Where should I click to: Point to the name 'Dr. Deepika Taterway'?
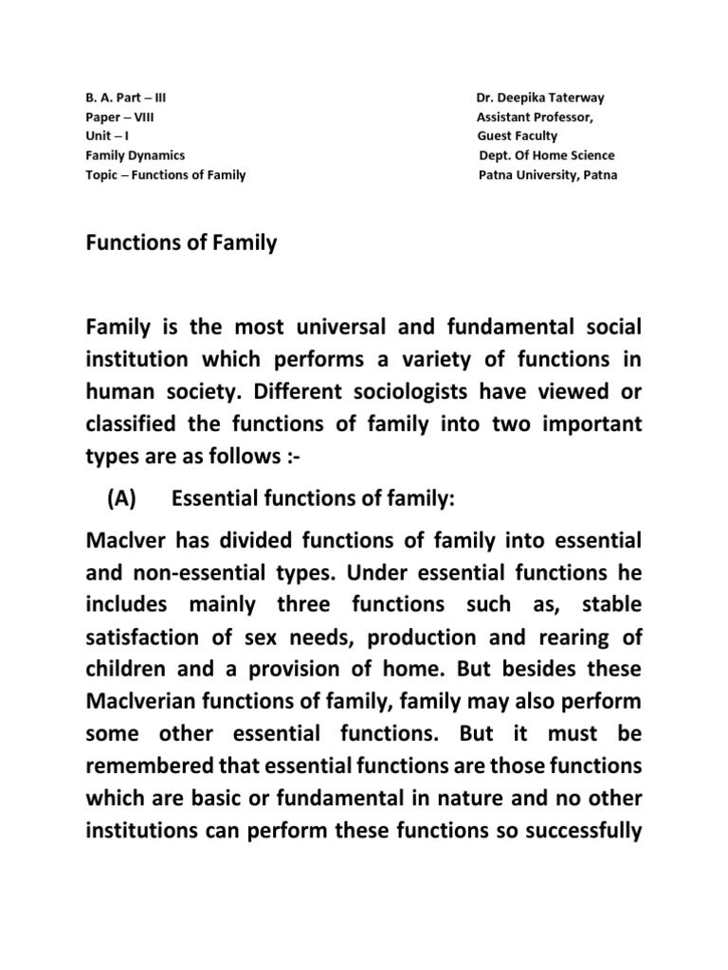(539, 99)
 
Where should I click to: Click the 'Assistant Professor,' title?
(536, 117)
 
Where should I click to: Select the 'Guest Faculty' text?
(518, 136)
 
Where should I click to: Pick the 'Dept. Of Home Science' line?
(547, 155)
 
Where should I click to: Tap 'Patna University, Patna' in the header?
(548, 175)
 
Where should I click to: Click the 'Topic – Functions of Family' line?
(166, 175)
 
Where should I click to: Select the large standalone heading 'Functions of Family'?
(181, 244)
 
